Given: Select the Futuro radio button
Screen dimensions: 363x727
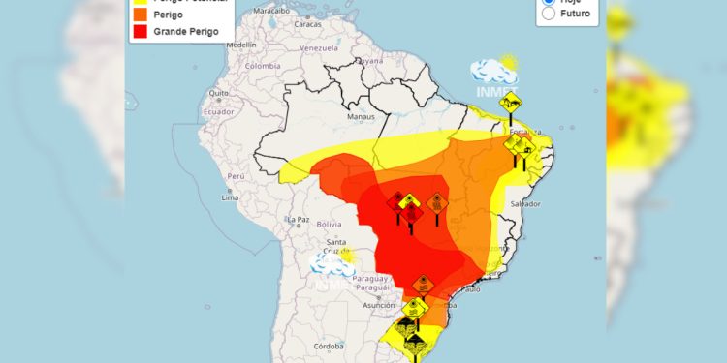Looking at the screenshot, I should (x=549, y=14).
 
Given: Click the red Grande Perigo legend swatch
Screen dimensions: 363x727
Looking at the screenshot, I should (x=140, y=32).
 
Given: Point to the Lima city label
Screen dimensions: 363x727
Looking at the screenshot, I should (x=230, y=197).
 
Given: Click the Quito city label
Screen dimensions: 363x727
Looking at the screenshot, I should (x=219, y=95).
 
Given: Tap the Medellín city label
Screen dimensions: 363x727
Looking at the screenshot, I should (x=241, y=45).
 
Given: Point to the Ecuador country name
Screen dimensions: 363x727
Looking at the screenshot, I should (x=218, y=111).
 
